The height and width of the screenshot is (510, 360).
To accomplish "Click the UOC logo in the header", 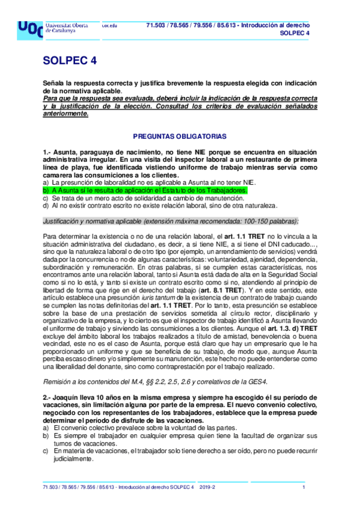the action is tap(30, 29).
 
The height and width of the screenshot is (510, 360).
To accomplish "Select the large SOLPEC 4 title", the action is tap(69, 61).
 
